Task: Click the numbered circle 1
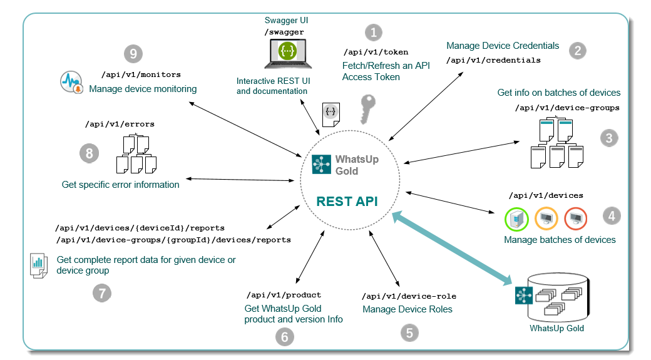[x=373, y=33]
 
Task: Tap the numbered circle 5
[x=409, y=332]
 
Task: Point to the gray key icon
[x=369, y=109]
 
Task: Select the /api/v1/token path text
[x=376, y=52]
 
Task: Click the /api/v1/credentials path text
[x=493, y=60]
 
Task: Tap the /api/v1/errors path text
[x=120, y=124]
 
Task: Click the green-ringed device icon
[x=516, y=219]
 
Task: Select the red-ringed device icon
[x=575, y=219]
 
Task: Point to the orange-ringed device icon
[x=546, y=219]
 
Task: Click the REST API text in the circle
[x=347, y=201]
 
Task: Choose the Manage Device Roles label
[x=408, y=309]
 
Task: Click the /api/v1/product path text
[x=284, y=294]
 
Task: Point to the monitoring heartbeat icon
[x=72, y=83]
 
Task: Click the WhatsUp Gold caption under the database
[x=556, y=328]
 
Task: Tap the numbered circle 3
[x=609, y=138]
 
